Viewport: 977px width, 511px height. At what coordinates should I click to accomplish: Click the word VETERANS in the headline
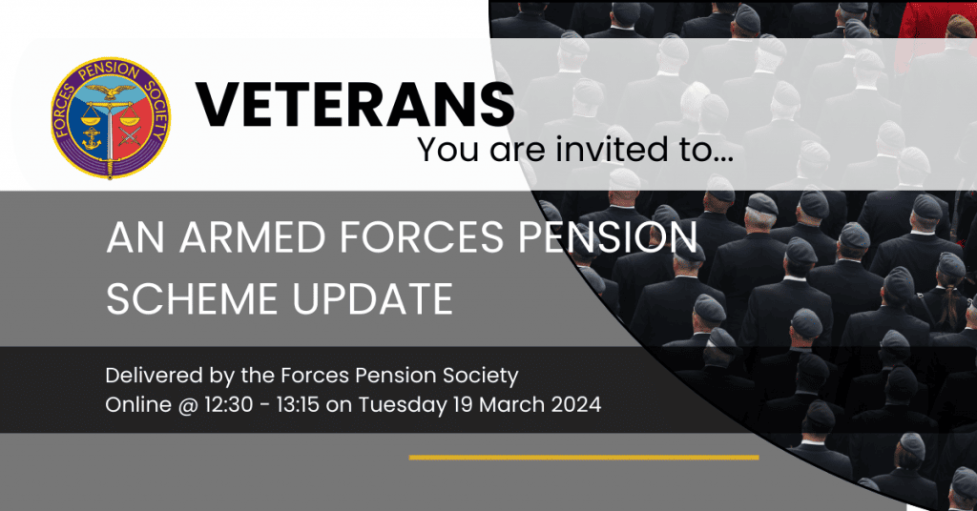[354, 104]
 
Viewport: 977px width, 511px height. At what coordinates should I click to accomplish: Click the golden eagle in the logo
[113, 94]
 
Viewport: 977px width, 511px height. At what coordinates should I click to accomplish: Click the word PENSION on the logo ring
[113, 68]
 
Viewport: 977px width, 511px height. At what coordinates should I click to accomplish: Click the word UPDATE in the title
[373, 298]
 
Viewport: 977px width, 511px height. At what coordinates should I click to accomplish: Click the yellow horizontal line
[583, 458]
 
